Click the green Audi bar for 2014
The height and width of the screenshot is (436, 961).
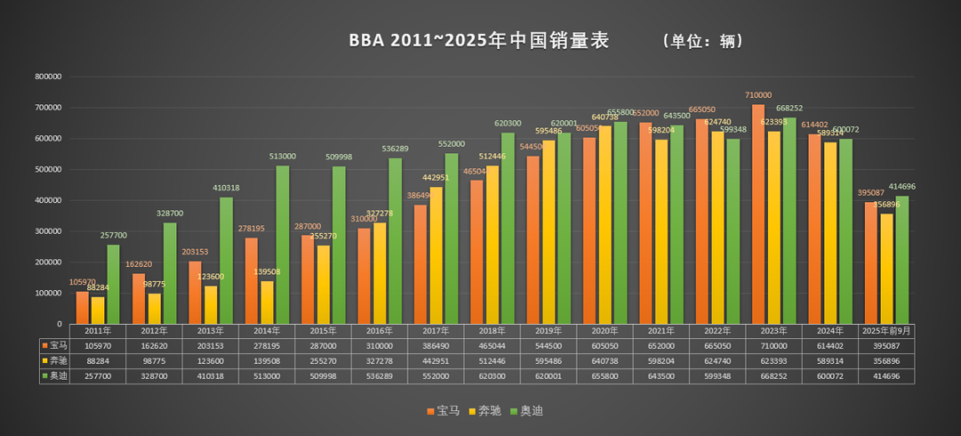pyautogui.click(x=282, y=245)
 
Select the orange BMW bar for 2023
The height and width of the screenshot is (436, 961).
pyautogui.click(x=758, y=214)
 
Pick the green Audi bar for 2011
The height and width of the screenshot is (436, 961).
pyautogui.click(x=113, y=284)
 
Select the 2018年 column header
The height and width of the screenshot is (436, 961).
pyautogui.click(x=493, y=330)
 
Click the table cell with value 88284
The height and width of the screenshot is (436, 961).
pyautogui.click(x=98, y=360)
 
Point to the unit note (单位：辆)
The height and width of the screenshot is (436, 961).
pyautogui.click(x=703, y=41)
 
